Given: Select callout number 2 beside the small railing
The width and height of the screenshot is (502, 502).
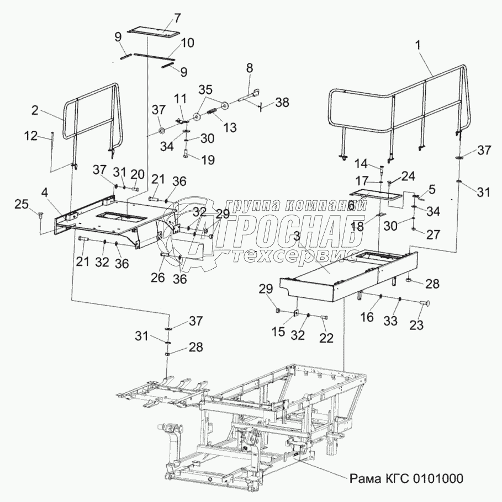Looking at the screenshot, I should click(x=35, y=110).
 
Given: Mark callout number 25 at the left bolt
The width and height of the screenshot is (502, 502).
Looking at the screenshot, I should click(x=22, y=205).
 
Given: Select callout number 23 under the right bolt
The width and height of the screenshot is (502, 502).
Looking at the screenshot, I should click(x=416, y=325).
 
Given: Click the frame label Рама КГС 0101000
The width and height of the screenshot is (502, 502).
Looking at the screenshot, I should click(x=406, y=478).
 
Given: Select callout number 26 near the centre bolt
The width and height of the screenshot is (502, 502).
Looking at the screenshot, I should click(x=158, y=279).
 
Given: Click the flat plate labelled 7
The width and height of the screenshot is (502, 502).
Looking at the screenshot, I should click(x=154, y=31).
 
